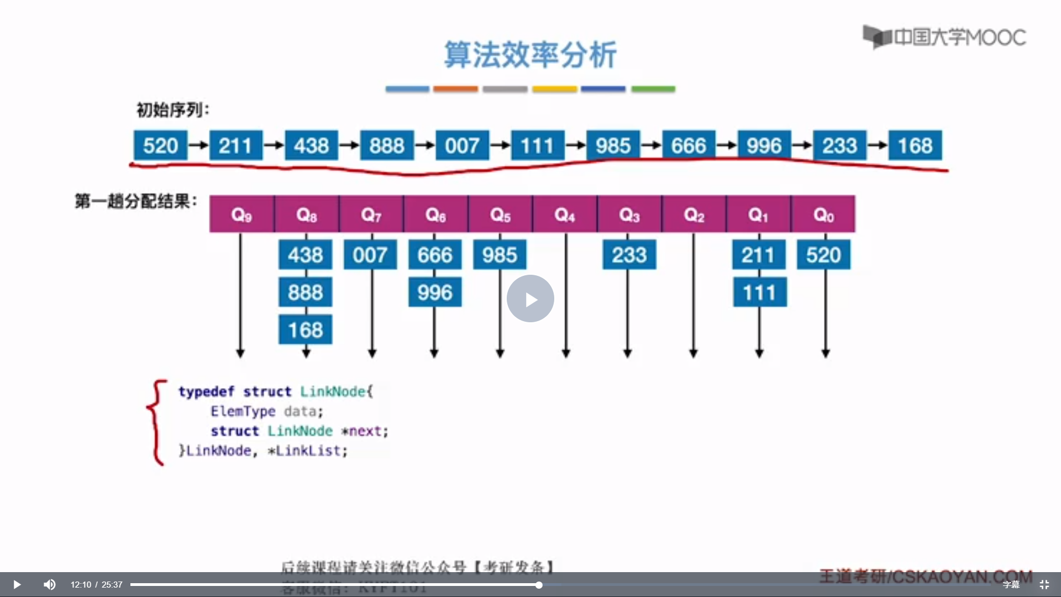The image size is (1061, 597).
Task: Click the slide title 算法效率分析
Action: [530, 55]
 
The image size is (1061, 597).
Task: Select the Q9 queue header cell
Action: [241, 214]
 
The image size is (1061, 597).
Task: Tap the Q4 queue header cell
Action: [565, 214]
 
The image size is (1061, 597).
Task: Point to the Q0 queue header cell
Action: [823, 214]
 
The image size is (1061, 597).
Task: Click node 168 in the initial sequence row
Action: [915, 145]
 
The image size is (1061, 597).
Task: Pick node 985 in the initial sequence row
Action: [613, 145]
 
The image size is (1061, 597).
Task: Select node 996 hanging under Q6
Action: [435, 292]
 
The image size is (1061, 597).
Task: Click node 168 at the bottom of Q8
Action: [305, 330]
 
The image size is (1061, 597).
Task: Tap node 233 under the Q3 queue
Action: [629, 255]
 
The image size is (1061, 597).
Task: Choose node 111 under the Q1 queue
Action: [759, 292]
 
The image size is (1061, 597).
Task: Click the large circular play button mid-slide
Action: [530, 298]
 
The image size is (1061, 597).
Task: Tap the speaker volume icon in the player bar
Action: [50, 584]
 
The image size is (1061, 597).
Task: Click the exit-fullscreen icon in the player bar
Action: [1044, 584]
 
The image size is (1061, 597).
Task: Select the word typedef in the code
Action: [206, 391]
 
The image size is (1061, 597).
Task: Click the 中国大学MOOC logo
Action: [944, 37]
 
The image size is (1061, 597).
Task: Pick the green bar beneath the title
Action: [653, 89]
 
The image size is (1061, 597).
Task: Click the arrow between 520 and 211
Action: [198, 145]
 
